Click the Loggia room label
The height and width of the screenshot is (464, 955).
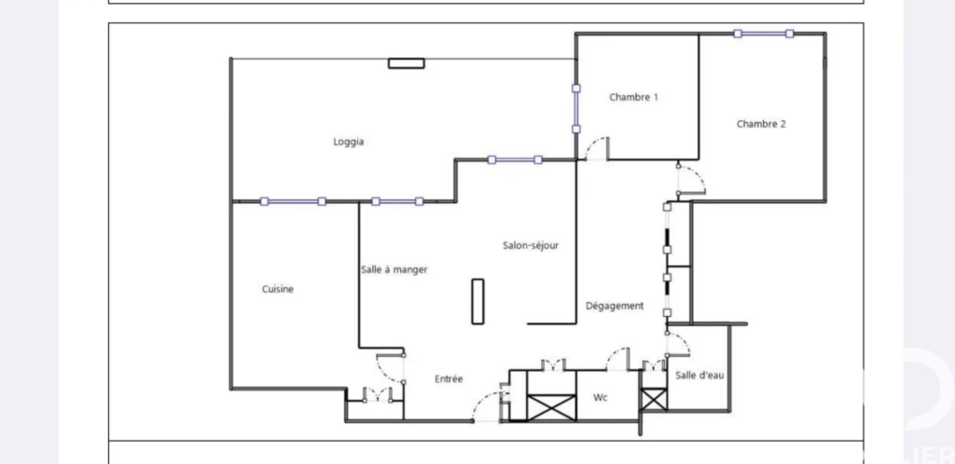click(349, 142)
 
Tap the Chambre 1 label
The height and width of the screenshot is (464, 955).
click(633, 97)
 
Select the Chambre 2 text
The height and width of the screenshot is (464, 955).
click(761, 124)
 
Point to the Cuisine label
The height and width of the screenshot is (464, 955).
click(278, 289)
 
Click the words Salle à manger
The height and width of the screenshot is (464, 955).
click(394, 269)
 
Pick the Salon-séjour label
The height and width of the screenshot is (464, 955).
click(531, 246)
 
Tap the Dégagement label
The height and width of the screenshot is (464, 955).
click(615, 306)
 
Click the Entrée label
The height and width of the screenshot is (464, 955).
click(449, 379)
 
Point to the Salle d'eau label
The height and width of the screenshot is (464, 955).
click(699, 375)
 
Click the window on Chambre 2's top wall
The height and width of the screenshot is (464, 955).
click(763, 34)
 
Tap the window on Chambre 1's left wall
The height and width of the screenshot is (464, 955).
click(576, 108)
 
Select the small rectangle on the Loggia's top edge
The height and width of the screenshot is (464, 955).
click(407, 62)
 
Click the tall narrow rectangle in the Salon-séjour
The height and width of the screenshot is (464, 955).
click(478, 302)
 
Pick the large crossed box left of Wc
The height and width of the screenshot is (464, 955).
click(551, 407)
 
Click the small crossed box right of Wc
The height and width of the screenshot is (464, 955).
click(654, 399)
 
